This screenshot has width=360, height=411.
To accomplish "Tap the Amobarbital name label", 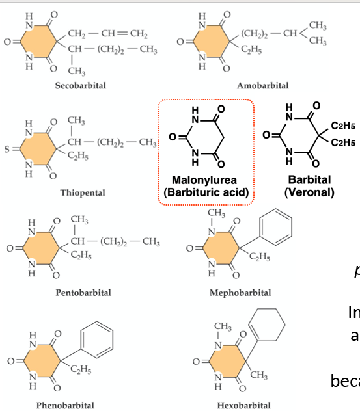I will tap(262, 85).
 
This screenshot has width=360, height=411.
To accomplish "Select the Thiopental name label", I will tap(82, 192).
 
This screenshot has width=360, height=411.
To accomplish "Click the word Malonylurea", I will tap(205, 179).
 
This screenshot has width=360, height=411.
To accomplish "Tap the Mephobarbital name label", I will tap(244, 293).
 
